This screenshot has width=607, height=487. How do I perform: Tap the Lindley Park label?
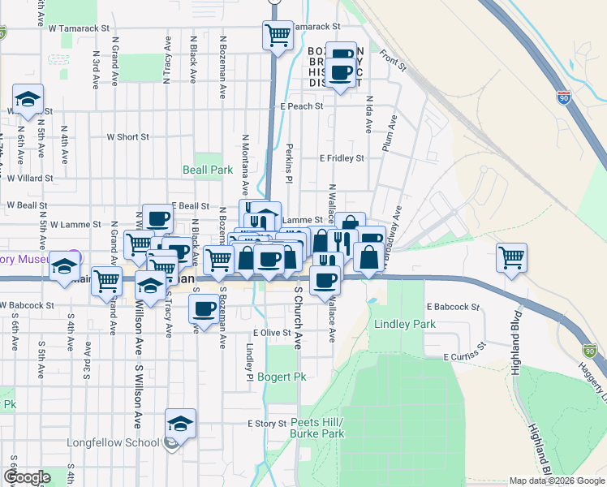[405, 324]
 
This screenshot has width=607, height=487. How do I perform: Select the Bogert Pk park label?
[282, 377]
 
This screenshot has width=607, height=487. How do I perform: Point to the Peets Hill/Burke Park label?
[317, 428]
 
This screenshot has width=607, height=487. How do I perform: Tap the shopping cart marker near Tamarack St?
[278, 35]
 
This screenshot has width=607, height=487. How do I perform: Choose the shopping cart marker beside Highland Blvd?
[511, 258]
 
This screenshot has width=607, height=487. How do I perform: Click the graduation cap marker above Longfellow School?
[180, 423]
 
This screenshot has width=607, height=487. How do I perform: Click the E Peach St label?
[302, 106]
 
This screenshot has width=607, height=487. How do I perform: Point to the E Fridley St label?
[342, 158]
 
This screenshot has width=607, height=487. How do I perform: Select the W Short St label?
[127, 137]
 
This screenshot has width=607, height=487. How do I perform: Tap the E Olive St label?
[271, 333]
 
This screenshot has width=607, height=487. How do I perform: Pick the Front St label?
[393, 61]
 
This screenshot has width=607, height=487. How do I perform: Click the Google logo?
[27, 477]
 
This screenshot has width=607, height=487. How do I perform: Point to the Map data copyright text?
[557, 481]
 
